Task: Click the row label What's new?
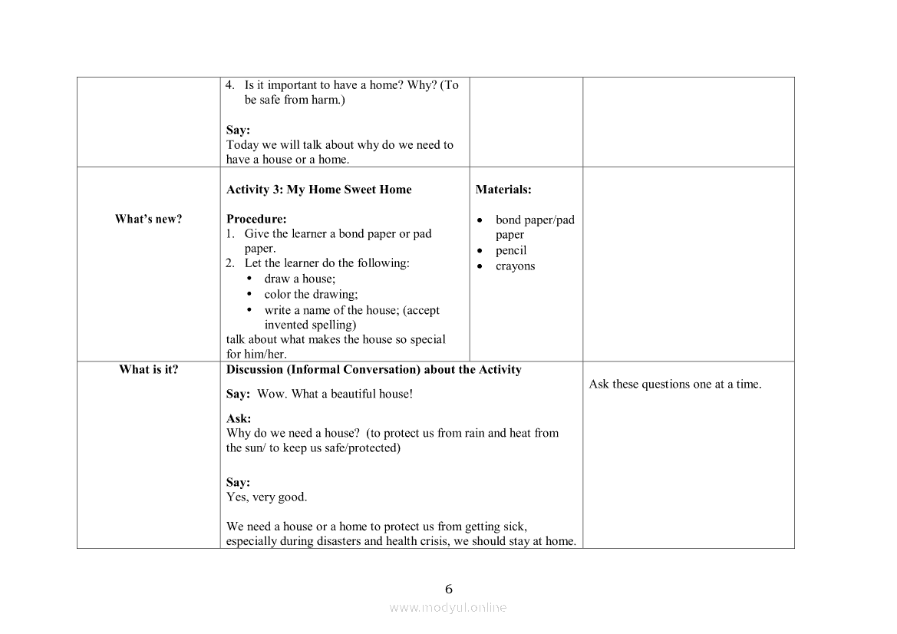click(149, 220)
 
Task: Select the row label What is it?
click(149, 370)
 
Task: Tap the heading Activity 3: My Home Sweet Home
click(319, 190)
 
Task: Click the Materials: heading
click(503, 190)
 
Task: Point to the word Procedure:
click(256, 219)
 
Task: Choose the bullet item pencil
click(511, 251)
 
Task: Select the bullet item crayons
click(515, 266)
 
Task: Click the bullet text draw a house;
click(300, 279)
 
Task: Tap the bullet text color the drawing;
click(311, 294)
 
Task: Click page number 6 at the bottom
click(449, 589)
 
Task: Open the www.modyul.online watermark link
click(448, 607)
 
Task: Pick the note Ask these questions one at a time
click(675, 385)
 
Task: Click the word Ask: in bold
click(239, 418)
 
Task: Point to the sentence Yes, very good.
click(267, 497)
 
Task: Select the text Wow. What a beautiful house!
click(335, 394)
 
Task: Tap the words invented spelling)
click(310, 325)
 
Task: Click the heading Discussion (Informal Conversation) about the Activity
click(374, 370)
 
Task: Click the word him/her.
click(265, 354)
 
